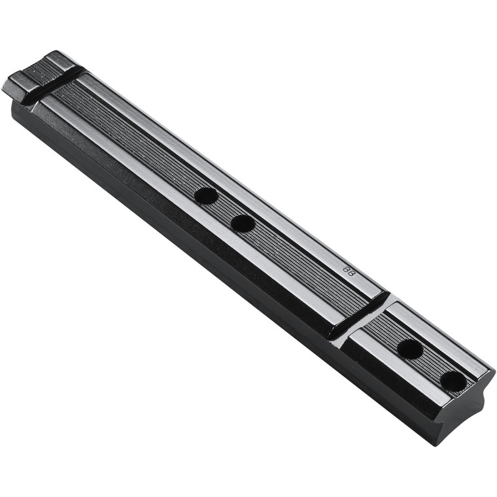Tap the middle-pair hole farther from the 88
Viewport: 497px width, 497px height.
coord(206,196)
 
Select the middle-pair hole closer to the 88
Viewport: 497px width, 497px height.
coord(243,223)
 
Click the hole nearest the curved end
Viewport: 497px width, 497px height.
coord(453,381)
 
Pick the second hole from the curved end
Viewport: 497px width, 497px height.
coord(410,349)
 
